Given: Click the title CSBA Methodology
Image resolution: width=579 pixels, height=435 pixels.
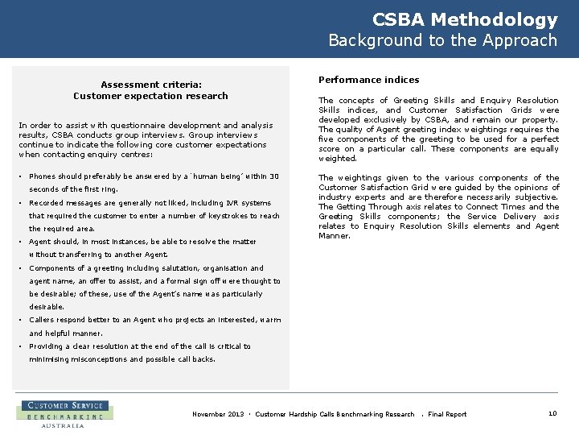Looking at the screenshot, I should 465,20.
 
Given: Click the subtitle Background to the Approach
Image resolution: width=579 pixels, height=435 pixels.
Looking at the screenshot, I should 442,40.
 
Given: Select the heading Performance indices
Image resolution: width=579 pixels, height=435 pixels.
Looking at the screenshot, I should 368,80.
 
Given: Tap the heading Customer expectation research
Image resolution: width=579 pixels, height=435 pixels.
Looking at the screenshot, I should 150,96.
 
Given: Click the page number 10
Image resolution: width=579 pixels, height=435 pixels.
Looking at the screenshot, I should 552,413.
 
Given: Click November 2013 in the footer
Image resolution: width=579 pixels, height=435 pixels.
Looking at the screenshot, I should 218,414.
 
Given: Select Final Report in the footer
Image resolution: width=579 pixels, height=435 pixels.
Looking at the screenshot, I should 447,414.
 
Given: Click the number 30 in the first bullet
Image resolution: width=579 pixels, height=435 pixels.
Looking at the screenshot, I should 274,176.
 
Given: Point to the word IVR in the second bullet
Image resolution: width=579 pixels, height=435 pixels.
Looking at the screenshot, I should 232,203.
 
